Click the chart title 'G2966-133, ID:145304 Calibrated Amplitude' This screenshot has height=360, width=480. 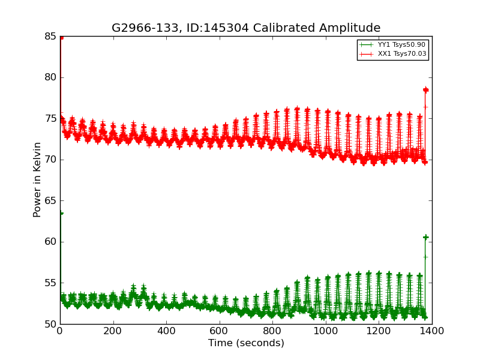[x=246, y=28]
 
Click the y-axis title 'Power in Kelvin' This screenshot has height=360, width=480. [x=38, y=179]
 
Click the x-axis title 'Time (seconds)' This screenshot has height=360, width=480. [x=246, y=343]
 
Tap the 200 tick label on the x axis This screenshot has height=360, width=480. [x=113, y=330]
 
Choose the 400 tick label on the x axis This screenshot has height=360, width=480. [x=166, y=330]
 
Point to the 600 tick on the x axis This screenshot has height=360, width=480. [x=220, y=330]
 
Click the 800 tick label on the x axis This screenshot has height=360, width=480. [x=272, y=330]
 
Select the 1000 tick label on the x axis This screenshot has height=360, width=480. [x=326, y=330]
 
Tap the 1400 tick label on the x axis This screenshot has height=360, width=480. [x=432, y=330]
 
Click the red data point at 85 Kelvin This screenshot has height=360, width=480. [x=61, y=37]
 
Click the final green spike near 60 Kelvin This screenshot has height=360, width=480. [x=425, y=237]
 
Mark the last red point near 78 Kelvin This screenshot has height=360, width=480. [x=425, y=90]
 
